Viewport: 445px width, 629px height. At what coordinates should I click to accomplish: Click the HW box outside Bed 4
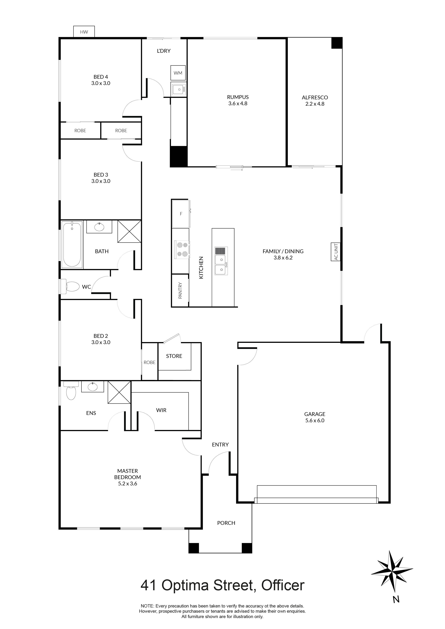click(84, 32)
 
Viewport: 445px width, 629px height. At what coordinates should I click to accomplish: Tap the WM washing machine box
click(178, 73)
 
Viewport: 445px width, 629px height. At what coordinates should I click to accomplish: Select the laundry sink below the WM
click(179, 89)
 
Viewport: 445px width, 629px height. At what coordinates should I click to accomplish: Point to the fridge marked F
click(181, 214)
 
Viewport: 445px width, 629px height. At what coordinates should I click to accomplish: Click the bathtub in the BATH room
click(72, 245)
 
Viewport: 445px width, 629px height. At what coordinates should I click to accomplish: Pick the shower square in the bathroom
click(129, 231)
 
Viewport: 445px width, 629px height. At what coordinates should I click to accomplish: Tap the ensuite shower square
click(119, 392)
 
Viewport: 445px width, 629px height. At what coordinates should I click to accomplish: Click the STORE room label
click(174, 356)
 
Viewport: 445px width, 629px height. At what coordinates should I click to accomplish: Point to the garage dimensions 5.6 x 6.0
click(315, 420)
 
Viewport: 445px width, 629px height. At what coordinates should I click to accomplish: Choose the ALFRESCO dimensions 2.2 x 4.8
click(315, 104)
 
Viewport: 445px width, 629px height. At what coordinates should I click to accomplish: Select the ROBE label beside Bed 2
click(149, 362)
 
